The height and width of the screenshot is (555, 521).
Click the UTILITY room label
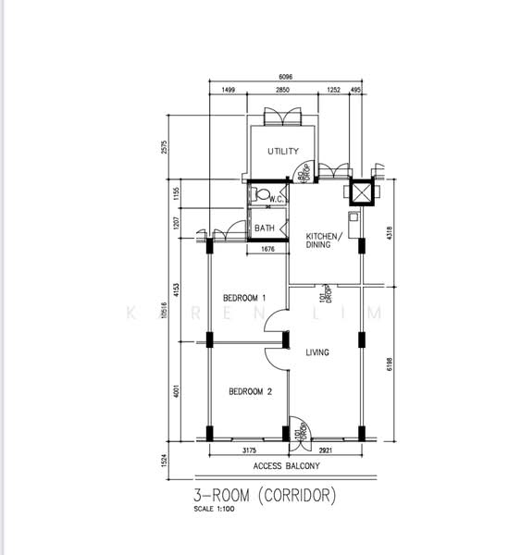tap(283, 151)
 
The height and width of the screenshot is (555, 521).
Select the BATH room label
tap(265, 228)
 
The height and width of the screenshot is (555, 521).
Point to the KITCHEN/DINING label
tap(324, 240)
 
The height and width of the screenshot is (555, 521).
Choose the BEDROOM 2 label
tap(250, 391)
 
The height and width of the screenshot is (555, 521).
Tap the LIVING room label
tap(317, 352)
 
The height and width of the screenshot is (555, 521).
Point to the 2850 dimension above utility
tap(285, 91)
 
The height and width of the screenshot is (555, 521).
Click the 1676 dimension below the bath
tap(268, 249)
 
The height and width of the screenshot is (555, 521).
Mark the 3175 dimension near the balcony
tap(250, 450)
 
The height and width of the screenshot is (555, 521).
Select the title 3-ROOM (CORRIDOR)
tap(265, 497)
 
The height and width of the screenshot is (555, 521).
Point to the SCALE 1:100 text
tap(213, 512)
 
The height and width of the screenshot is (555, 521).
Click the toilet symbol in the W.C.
tap(262, 195)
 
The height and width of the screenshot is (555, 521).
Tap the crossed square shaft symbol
tap(358, 193)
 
